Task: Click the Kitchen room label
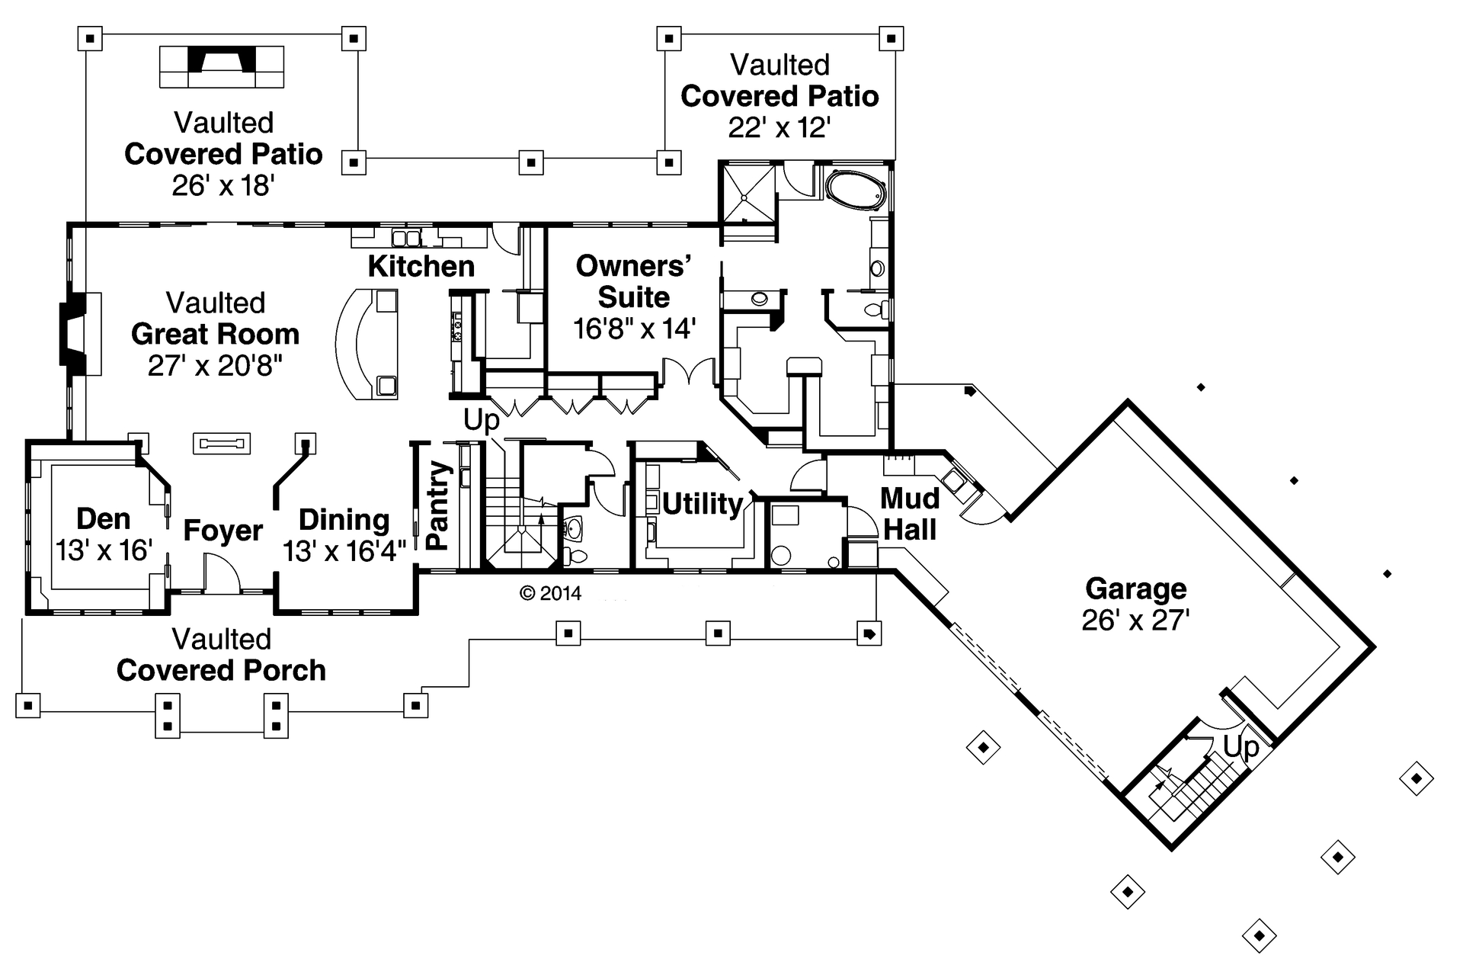coord(421,267)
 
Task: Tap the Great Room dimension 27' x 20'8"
coord(215,366)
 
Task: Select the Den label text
coord(103,519)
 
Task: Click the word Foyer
coord(222,531)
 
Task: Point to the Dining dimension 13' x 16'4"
coord(344,550)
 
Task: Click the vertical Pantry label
coord(438,505)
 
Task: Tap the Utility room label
coord(702,504)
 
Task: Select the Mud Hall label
coord(910,515)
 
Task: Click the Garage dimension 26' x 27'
coord(1135,621)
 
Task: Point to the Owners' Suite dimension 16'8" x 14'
coord(634,329)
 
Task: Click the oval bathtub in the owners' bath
coord(856,188)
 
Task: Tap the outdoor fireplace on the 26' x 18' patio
coord(222,66)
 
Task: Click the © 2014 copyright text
coord(550,593)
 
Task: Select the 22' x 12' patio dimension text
coord(779,127)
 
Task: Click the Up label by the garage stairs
coord(1241,746)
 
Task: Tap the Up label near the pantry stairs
coord(481,420)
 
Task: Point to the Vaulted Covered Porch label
coord(221,655)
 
